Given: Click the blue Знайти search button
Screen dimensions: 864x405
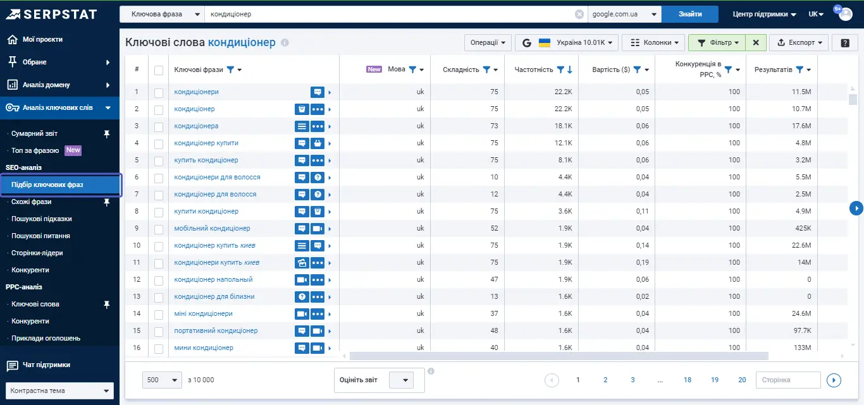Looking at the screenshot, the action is tap(689, 15).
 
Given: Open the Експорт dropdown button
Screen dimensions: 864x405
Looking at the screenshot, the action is tap(799, 42).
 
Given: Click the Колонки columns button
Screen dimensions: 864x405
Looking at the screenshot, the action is tap(653, 42).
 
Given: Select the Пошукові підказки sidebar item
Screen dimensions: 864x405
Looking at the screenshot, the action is tap(42, 219).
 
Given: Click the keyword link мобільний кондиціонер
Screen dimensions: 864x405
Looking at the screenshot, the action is tap(212, 228).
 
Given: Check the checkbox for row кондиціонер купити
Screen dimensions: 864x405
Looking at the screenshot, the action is tap(159, 143).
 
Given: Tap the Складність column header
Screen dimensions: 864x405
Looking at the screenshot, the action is tap(460, 70).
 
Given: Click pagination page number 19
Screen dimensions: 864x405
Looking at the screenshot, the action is tap(714, 380).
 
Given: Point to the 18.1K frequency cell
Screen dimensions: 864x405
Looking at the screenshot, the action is tap(563, 126).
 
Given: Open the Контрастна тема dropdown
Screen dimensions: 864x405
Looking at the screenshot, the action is tap(59, 390).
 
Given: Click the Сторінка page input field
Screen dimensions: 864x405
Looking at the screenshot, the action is tap(788, 380).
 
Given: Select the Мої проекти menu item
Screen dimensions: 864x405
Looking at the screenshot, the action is tap(42, 39).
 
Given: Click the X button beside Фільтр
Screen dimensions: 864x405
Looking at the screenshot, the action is tap(756, 42).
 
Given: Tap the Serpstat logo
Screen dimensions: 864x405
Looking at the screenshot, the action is tap(52, 15).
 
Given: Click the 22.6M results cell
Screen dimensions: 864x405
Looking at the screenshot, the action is tap(801, 246).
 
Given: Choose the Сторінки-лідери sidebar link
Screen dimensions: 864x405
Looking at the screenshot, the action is tap(37, 253).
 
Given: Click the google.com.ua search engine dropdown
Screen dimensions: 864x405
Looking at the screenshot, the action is tap(624, 15).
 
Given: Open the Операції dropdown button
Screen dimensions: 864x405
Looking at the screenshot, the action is tap(488, 42).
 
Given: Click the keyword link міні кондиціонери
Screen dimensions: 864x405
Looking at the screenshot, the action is tap(203, 313).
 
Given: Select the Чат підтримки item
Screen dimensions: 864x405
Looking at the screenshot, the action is tap(46, 365).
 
